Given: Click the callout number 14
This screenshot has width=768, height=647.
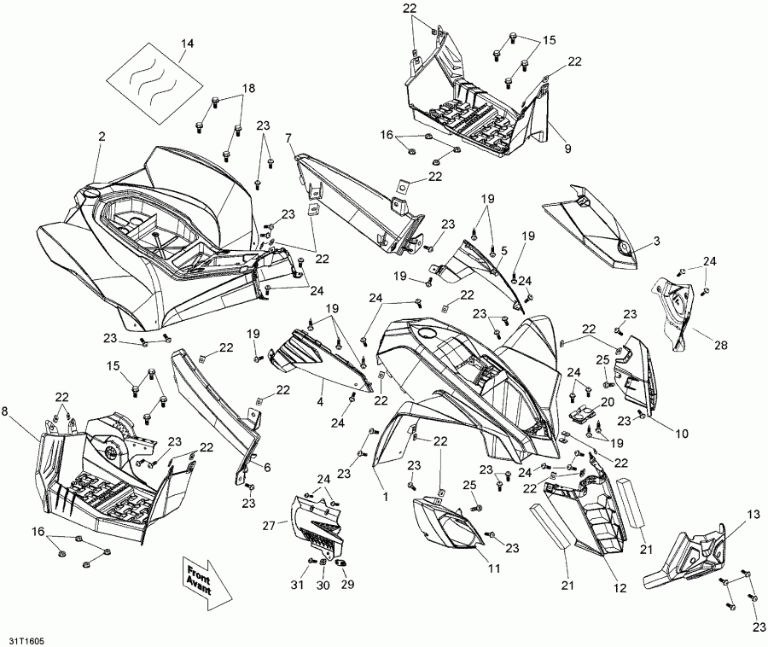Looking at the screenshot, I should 187,43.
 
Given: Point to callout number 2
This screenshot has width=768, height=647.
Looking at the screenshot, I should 102,136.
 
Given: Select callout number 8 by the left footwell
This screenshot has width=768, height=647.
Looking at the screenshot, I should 7,411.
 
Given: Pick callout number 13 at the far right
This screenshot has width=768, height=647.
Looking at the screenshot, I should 753,514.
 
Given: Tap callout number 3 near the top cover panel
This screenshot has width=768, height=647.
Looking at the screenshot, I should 656,242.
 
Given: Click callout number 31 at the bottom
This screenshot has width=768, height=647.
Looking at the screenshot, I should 297,586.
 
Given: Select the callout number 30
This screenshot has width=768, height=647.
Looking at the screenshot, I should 323,586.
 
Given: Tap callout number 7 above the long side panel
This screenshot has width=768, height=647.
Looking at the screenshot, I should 288,137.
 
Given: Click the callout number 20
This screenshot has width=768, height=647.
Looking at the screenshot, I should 608,401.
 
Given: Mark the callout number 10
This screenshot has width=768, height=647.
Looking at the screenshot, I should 682,434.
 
